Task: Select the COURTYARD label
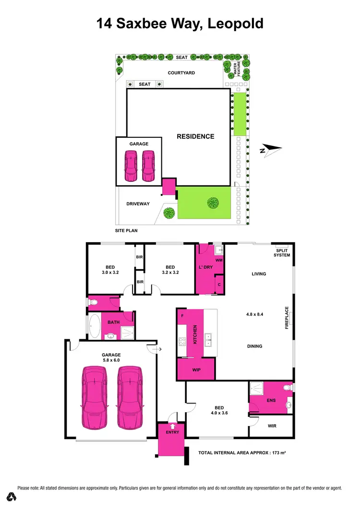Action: point(181,73)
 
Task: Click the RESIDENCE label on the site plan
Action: point(195,136)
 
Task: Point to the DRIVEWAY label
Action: point(138,204)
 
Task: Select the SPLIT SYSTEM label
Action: point(282,252)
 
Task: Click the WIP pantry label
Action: point(196,369)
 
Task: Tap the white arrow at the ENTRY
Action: point(172,425)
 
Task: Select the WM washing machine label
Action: point(218,260)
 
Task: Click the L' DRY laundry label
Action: point(205,267)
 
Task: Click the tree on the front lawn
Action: point(213,203)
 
